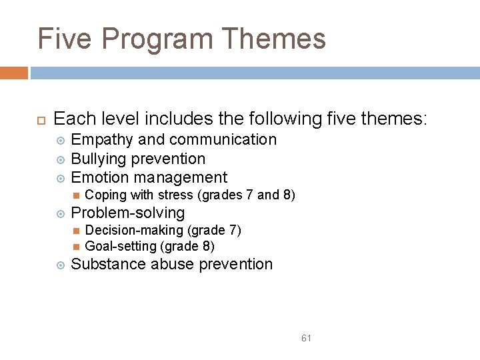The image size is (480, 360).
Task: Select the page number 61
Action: (x=306, y=338)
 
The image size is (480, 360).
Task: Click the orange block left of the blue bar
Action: (x=13, y=73)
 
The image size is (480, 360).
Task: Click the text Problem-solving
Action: (x=127, y=213)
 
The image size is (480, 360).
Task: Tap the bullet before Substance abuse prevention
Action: (x=60, y=265)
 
